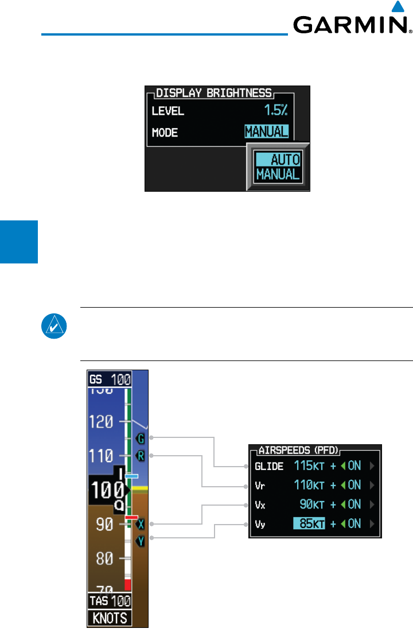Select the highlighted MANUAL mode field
pos(266,132)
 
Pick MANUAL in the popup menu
pos(278,174)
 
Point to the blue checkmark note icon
pos(55,327)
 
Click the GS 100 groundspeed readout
pos(110,379)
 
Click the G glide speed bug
pos(140,439)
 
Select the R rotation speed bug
pos(141,457)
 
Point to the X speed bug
pos(141,524)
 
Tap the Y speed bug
pos(141,541)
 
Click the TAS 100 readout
pos(110,602)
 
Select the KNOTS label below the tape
pos(110,618)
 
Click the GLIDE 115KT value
pos(309,466)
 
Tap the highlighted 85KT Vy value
pos(309,523)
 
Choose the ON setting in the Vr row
pos(354,485)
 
